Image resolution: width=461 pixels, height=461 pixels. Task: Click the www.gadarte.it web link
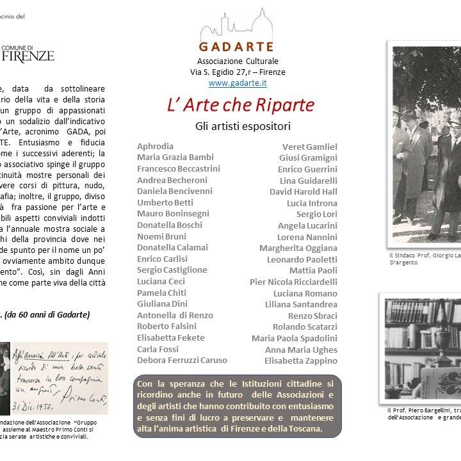pyautogui.click(x=238, y=83)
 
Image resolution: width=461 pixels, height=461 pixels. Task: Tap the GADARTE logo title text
pyautogui.click(x=237, y=47)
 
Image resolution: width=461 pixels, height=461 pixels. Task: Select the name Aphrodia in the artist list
pyautogui.click(x=155, y=146)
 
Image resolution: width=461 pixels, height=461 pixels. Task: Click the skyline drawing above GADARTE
pyautogui.click(x=237, y=26)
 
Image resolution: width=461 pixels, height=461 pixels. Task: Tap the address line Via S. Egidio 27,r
pyautogui.click(x=238, y=72)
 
